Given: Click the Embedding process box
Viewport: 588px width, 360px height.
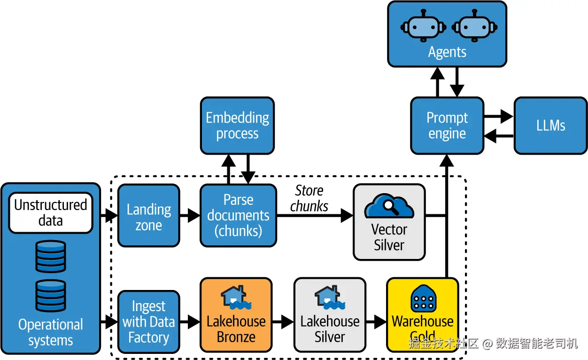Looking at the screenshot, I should [x=237, y=125].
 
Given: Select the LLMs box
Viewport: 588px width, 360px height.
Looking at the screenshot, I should [x=550, y=125].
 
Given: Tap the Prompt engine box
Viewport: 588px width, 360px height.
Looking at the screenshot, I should [x=447, y=125].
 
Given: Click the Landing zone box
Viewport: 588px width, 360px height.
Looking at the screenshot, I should [x=148, y=216].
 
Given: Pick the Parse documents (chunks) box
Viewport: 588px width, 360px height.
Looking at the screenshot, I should [x=238, y=216].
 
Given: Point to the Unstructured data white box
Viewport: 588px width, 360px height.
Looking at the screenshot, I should [x=51, y=213].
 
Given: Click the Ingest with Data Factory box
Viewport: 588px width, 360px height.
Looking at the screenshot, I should [x=148, y=322].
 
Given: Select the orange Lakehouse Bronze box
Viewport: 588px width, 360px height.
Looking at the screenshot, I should [x=236, y=315].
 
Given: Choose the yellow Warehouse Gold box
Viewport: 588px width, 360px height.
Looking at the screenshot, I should [x=422, y=315].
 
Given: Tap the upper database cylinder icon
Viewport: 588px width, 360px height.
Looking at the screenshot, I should [x=51, y=257].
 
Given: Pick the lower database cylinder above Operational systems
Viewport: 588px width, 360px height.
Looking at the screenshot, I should [x=51, y=296].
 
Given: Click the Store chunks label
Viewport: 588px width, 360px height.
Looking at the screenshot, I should [x=309, y=198].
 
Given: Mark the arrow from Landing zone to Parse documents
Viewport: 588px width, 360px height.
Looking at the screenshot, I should [x=190, y=216].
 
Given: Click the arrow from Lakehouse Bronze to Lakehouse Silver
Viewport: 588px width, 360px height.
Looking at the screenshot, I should [x=283, y=322].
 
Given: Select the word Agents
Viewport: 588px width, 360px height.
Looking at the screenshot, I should [x=447, y=52].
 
